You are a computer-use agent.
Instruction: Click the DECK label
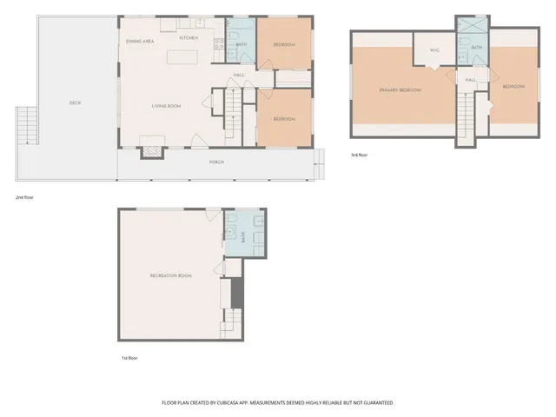pos(75,103)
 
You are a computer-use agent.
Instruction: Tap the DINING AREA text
pos(140,41)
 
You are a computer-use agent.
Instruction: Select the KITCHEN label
pos(189,38)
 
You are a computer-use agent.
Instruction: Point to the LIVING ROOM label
pos(166,106)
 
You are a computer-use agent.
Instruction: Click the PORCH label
pos(216,162)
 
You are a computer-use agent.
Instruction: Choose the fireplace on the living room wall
pos(151,149)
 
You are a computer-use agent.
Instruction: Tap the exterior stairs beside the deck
pos(25,127)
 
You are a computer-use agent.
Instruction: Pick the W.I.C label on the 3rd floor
pos(434,50)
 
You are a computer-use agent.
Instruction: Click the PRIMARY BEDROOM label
pos(400,89)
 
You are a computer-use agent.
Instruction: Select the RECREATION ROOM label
pos(170,275)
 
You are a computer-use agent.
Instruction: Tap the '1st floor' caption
pos(129,358)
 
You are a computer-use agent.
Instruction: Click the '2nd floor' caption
pos(24,197)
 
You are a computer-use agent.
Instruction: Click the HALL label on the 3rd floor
pos(471,80)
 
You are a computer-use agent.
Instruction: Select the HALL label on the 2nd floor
pos(238,76)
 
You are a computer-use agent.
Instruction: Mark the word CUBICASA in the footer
pos(228,403)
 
